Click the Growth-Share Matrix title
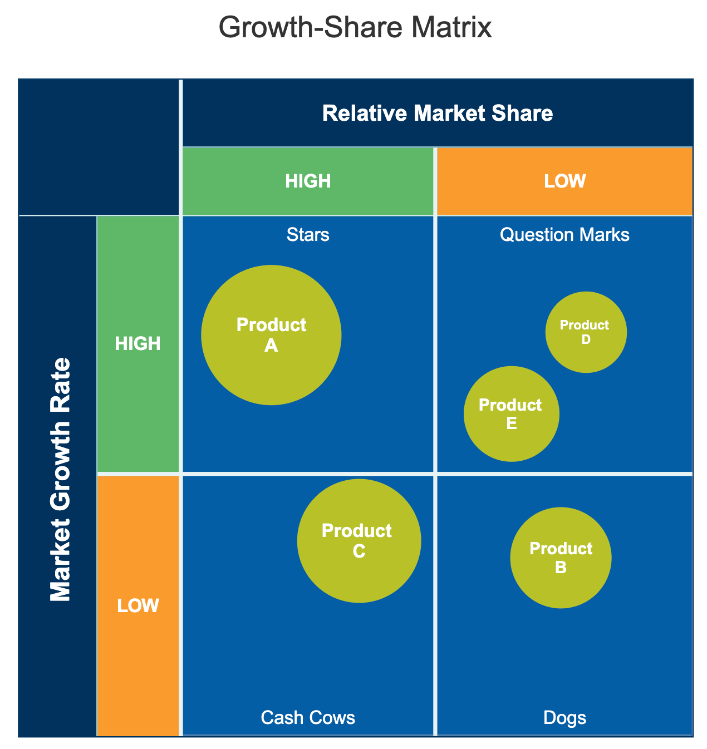click(355, 28)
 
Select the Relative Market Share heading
click(438, 114)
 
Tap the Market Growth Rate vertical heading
click(61, 480)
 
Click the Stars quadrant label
click(308, 235)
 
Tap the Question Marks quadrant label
click(564, 235)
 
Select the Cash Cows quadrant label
click(308, 718)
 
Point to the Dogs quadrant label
click(564, 718)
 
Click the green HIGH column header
click(308, 181)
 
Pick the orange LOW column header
click(564, 181)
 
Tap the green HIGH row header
click(138, 344)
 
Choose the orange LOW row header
click(138, 605)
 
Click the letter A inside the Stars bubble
click(271, 346)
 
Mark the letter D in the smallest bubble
click(586, 339)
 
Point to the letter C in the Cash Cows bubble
click(359, 550)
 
